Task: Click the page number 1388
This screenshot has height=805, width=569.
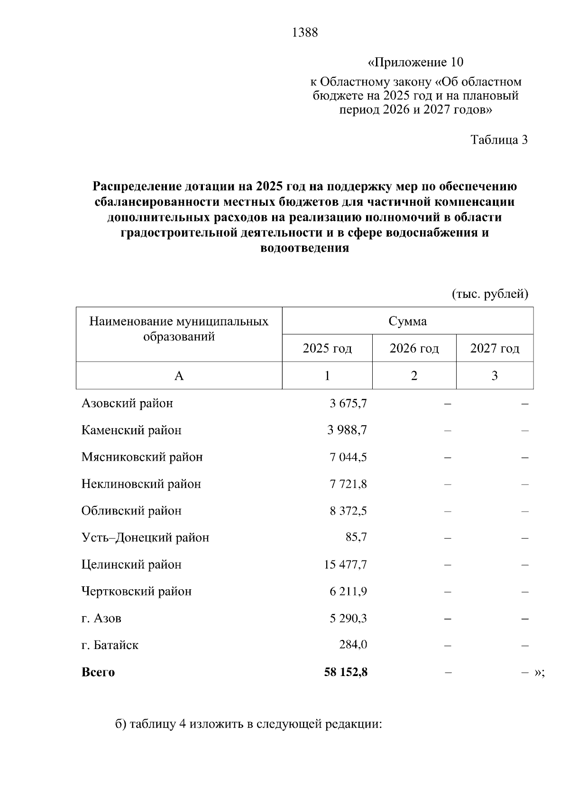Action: [305, 33]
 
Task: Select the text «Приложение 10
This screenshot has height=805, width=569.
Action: [415, 63]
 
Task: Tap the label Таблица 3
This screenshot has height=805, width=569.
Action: [499, 140]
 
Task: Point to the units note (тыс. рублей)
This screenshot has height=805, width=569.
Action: [490, 294]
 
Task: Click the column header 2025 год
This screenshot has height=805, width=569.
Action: [327, 349]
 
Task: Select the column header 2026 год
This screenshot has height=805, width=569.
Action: [414, 349]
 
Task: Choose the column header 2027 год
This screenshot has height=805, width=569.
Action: [495, 349]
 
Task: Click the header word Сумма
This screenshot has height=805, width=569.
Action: [408, 321]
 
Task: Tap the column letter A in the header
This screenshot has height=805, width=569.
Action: [179, 376]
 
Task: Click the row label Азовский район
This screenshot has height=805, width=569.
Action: [127, 403]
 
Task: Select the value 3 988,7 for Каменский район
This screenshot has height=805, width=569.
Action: [347, 430]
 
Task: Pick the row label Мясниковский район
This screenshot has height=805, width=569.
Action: [142, 457]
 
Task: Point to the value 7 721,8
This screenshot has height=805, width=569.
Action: [348, 485]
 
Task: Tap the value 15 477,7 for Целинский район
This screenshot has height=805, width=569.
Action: [345, 565]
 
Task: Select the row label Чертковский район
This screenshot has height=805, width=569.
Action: [137, 592]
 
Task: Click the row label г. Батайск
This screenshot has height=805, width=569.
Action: [110, 646]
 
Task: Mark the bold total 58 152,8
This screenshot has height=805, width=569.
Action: [346, 673]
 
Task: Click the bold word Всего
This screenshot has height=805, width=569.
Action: [98, 673]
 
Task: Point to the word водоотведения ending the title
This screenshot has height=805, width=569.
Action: [305, 248]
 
